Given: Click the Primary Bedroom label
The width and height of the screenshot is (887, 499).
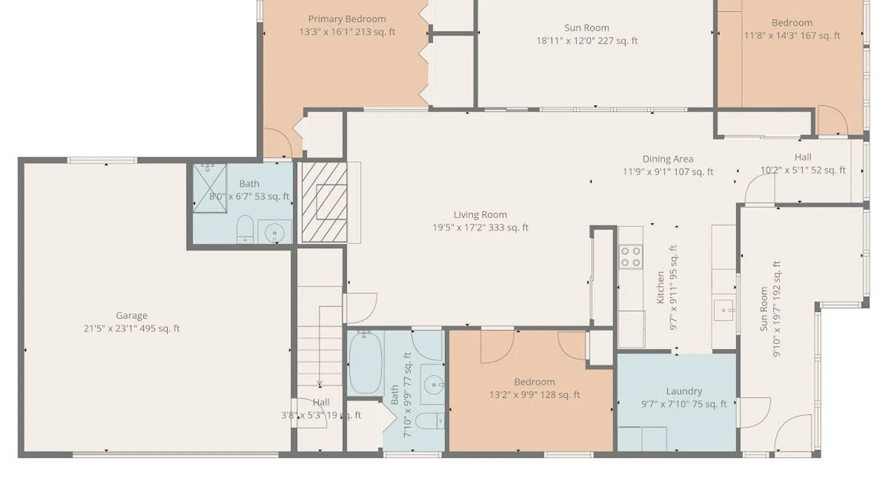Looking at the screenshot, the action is coord(347,19).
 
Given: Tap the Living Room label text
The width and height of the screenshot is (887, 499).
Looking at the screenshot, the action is coord(480,214).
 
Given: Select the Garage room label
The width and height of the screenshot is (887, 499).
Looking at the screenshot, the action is coord(132,316).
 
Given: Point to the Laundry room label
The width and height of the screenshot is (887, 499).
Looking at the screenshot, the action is coord(684,391).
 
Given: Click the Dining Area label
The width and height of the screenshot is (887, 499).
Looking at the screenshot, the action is coord(668,159).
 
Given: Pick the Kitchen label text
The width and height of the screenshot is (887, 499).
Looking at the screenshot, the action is coord(660,287).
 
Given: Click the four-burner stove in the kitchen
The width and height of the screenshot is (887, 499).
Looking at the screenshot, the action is coord(631,257).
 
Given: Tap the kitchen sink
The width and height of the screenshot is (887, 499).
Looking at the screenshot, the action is coord(724,310).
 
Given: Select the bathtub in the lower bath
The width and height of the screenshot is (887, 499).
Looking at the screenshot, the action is coord(365,363).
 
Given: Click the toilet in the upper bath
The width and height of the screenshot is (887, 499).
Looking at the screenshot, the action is coord(245,229).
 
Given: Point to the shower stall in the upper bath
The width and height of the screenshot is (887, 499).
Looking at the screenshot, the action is coord(210,188).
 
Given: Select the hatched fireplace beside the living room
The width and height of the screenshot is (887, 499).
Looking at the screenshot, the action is coord(324,202).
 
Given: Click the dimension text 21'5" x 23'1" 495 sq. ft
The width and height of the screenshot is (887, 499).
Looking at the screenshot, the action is coord(132,329).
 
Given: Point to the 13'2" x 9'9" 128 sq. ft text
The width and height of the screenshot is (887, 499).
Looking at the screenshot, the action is coord(535,395).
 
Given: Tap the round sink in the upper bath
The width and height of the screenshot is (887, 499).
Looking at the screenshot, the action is coord(275,231).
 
